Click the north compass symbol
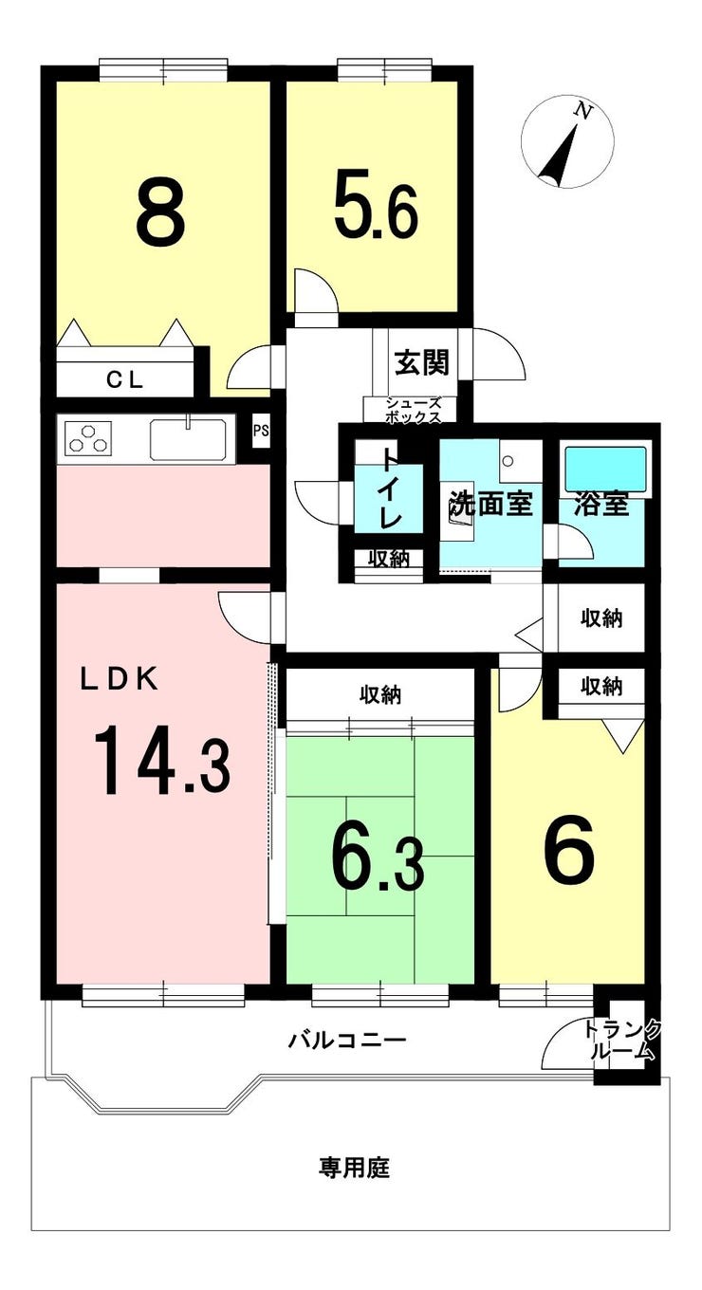coord(568,141)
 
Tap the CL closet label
coord(125,380)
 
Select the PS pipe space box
coord(261,432)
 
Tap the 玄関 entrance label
coord(421,362)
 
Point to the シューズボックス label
coord(413,411)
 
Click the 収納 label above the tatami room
coord(380,695)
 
